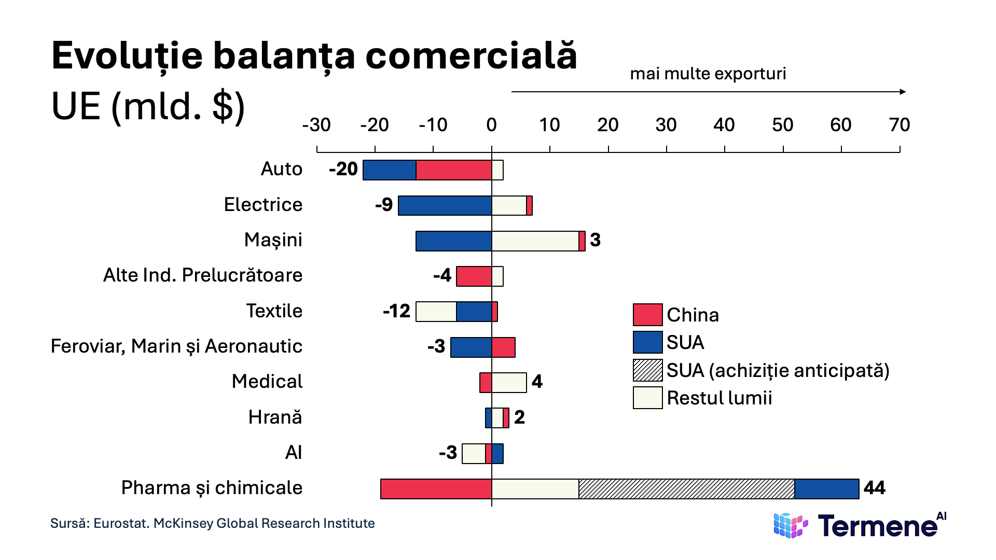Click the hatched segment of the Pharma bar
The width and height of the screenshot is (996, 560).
tap(686, 489)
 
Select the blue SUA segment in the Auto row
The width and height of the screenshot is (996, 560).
tap(390, 170)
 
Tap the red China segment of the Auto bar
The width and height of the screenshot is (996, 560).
tap(454, 170)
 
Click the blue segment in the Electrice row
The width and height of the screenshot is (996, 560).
tap(445, 205)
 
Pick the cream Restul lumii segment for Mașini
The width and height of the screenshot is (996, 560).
tap(535, 241)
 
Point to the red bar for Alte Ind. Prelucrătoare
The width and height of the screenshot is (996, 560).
tap(474, 276)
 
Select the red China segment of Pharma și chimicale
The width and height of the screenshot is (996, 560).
tap(436, 489)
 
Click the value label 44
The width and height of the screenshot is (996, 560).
tap(874, 488)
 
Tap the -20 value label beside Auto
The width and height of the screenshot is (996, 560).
tap(343, 169)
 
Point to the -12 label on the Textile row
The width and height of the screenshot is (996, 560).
tap(396, 311)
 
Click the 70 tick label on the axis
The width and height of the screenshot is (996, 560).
tap(899, 125)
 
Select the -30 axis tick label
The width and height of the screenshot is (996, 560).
tap(316, 125)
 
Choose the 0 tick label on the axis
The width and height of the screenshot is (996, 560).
tap(491, 125)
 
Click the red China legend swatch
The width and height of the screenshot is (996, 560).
tap(647, 315)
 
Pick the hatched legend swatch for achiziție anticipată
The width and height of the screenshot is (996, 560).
tap(647, 370)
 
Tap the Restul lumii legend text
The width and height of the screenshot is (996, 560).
tap(719, 398)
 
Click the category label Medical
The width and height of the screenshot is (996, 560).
tap(267, 382)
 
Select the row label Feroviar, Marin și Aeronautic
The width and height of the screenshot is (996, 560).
tap(176, 346)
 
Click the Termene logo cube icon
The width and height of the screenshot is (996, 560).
tap(790, 525)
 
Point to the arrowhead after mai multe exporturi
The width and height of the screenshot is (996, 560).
tap(903, 92)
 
